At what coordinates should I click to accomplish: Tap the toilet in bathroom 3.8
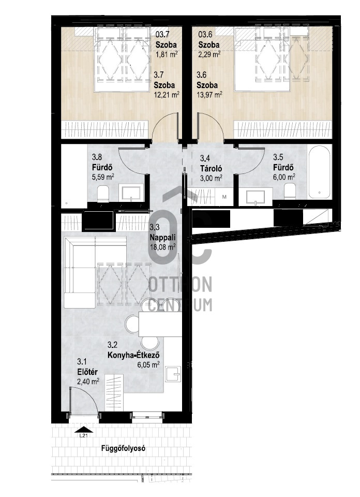click(x=103, y=194)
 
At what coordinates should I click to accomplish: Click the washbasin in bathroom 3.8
click(x=131, y=193)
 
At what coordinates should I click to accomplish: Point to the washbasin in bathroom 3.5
click(x=256, y=197)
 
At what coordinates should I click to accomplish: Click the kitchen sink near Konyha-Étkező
click(x=173, y=375)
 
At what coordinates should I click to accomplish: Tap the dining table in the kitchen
click(x=160, y=324)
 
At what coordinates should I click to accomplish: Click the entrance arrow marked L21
click(x=84, y=430)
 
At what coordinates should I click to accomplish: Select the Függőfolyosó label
click(x=124, y=448)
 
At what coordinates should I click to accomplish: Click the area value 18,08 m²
click(x=163, y=247)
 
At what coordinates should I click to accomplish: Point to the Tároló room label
click(x=211, y=168)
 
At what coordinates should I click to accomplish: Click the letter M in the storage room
click(x=224, y=197)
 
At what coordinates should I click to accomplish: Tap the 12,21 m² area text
click(x=167, y=94)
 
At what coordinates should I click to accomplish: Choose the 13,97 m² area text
click(x=209, y=94)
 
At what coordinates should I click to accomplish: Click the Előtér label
click(x=87, y=372)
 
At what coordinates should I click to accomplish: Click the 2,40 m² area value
click(x=88, y=382)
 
